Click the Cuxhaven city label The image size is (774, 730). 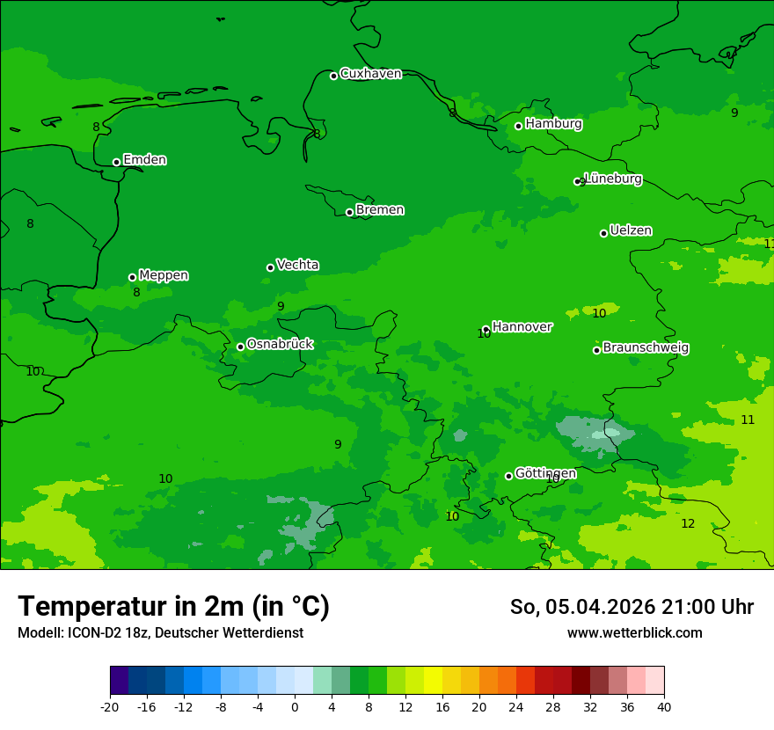[x=370, y=74]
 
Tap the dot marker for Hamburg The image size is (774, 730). [x=518, y=126]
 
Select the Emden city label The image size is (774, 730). [x=144, y=160]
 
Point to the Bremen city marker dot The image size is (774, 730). [x=349, y=212]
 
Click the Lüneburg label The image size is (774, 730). [x=613, y=179]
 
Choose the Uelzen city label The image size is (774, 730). [x=631, y=230]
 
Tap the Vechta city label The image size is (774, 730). [x=297, y=265]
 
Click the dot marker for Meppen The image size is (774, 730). [x=132, y=277]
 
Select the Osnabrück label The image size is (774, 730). [x=280, y=344]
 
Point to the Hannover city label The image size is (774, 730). [x=522, y=327]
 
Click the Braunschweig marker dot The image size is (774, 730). [x=596, y=350]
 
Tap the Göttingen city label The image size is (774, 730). [x=545, y=473]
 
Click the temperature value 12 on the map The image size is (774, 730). [x=688, y=523]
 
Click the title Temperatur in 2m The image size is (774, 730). [x=173, y=606]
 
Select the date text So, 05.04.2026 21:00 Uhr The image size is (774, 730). [x=632, y=607]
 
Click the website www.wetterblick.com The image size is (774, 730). [x=634, y=633]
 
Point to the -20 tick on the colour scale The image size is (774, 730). [x=110, y=706]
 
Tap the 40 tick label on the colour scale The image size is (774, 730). [x=664, y=706]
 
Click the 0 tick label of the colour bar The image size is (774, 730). [x=295, y=706]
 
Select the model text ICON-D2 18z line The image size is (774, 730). [x=160, y=633]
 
